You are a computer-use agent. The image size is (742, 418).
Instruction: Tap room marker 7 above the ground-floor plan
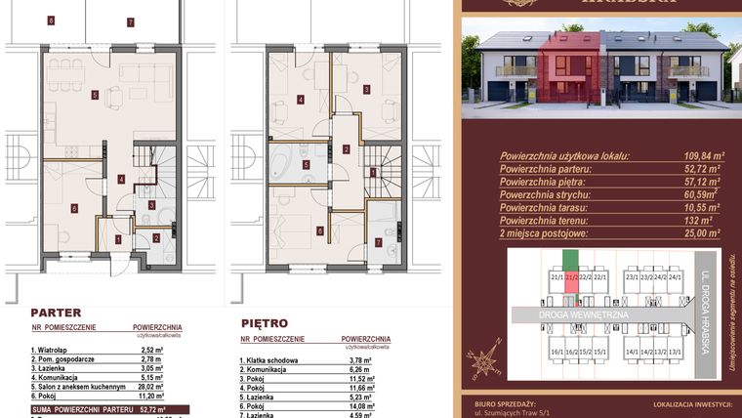click(129, 21)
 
